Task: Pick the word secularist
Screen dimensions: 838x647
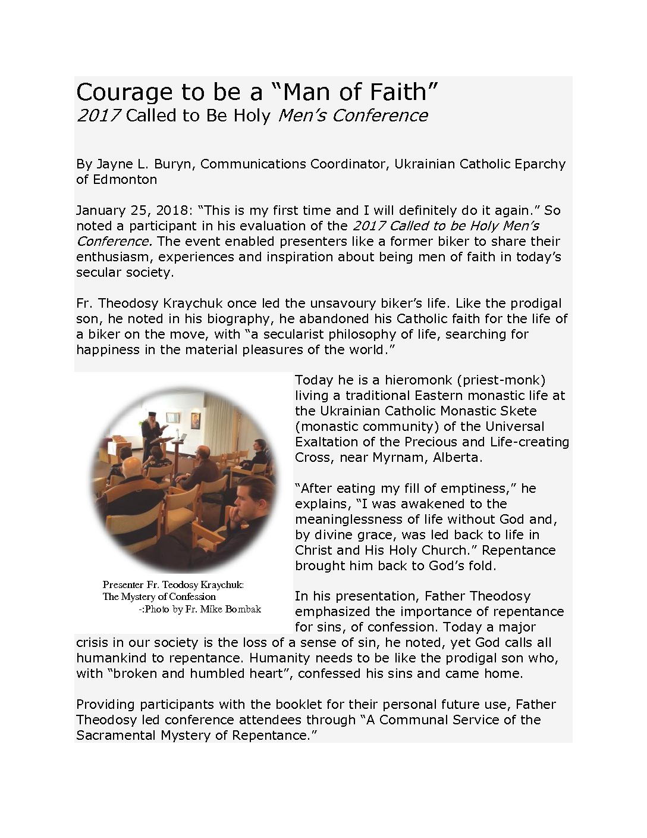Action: pyautogui.click(x=271, y=334)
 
